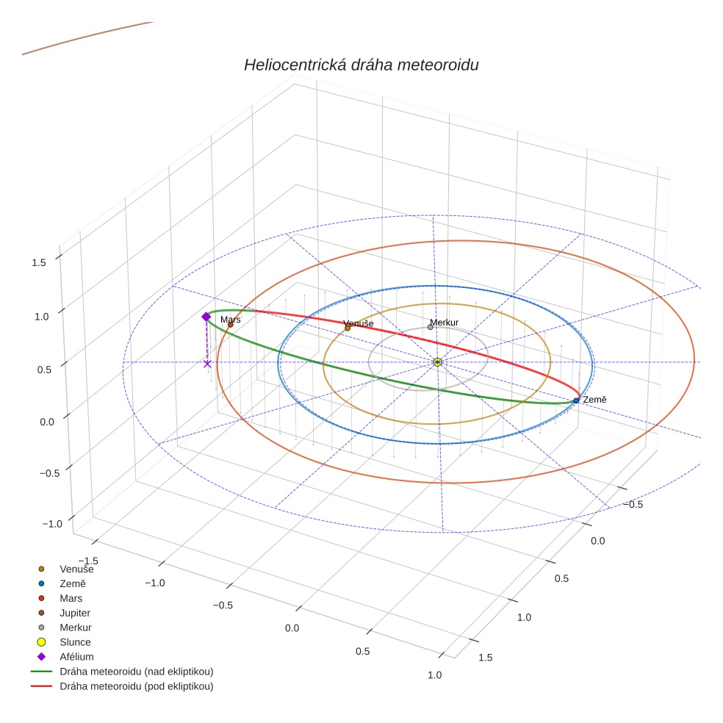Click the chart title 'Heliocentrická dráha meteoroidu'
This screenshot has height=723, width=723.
pos(361,65)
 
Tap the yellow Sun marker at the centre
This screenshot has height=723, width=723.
pos(437,362)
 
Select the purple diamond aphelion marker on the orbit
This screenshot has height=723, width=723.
pos(206,317)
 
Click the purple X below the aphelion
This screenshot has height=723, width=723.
pos(207,364)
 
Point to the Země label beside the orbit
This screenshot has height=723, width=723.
pos(594,399)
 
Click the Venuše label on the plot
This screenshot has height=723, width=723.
pos(359,323)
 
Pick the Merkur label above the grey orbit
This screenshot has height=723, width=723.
pos(444,323)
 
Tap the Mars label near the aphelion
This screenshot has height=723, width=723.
pos(230,320)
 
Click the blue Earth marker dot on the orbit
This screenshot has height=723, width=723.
pos(576,400)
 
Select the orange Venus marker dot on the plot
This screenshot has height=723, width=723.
pos(348,328)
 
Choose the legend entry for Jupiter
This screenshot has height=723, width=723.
pos(75,613)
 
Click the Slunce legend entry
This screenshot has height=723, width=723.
pos(75,642)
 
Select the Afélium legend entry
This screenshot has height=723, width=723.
pos(76,657)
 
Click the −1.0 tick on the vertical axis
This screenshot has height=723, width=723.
pos(52,524)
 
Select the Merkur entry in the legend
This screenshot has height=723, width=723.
pos(75,627)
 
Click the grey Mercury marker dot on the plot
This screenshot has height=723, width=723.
pos(431,327)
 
